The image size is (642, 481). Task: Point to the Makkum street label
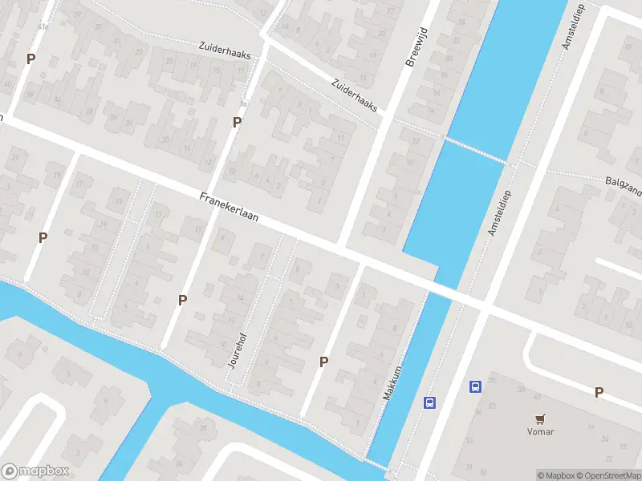(391, 384)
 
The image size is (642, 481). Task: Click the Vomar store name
(541, 431)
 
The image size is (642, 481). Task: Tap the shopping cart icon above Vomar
(541, 418)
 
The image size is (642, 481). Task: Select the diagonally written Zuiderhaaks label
(354, 95)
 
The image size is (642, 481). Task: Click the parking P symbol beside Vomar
(599, 392)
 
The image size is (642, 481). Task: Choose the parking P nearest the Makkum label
(324, 362)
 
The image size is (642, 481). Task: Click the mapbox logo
(35, 471)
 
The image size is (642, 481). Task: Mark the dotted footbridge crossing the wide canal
(475, 150)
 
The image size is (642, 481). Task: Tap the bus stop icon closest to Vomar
(475, 386)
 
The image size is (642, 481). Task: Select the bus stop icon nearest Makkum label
(430, 402)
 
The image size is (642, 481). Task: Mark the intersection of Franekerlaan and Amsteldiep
(486, 305)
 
